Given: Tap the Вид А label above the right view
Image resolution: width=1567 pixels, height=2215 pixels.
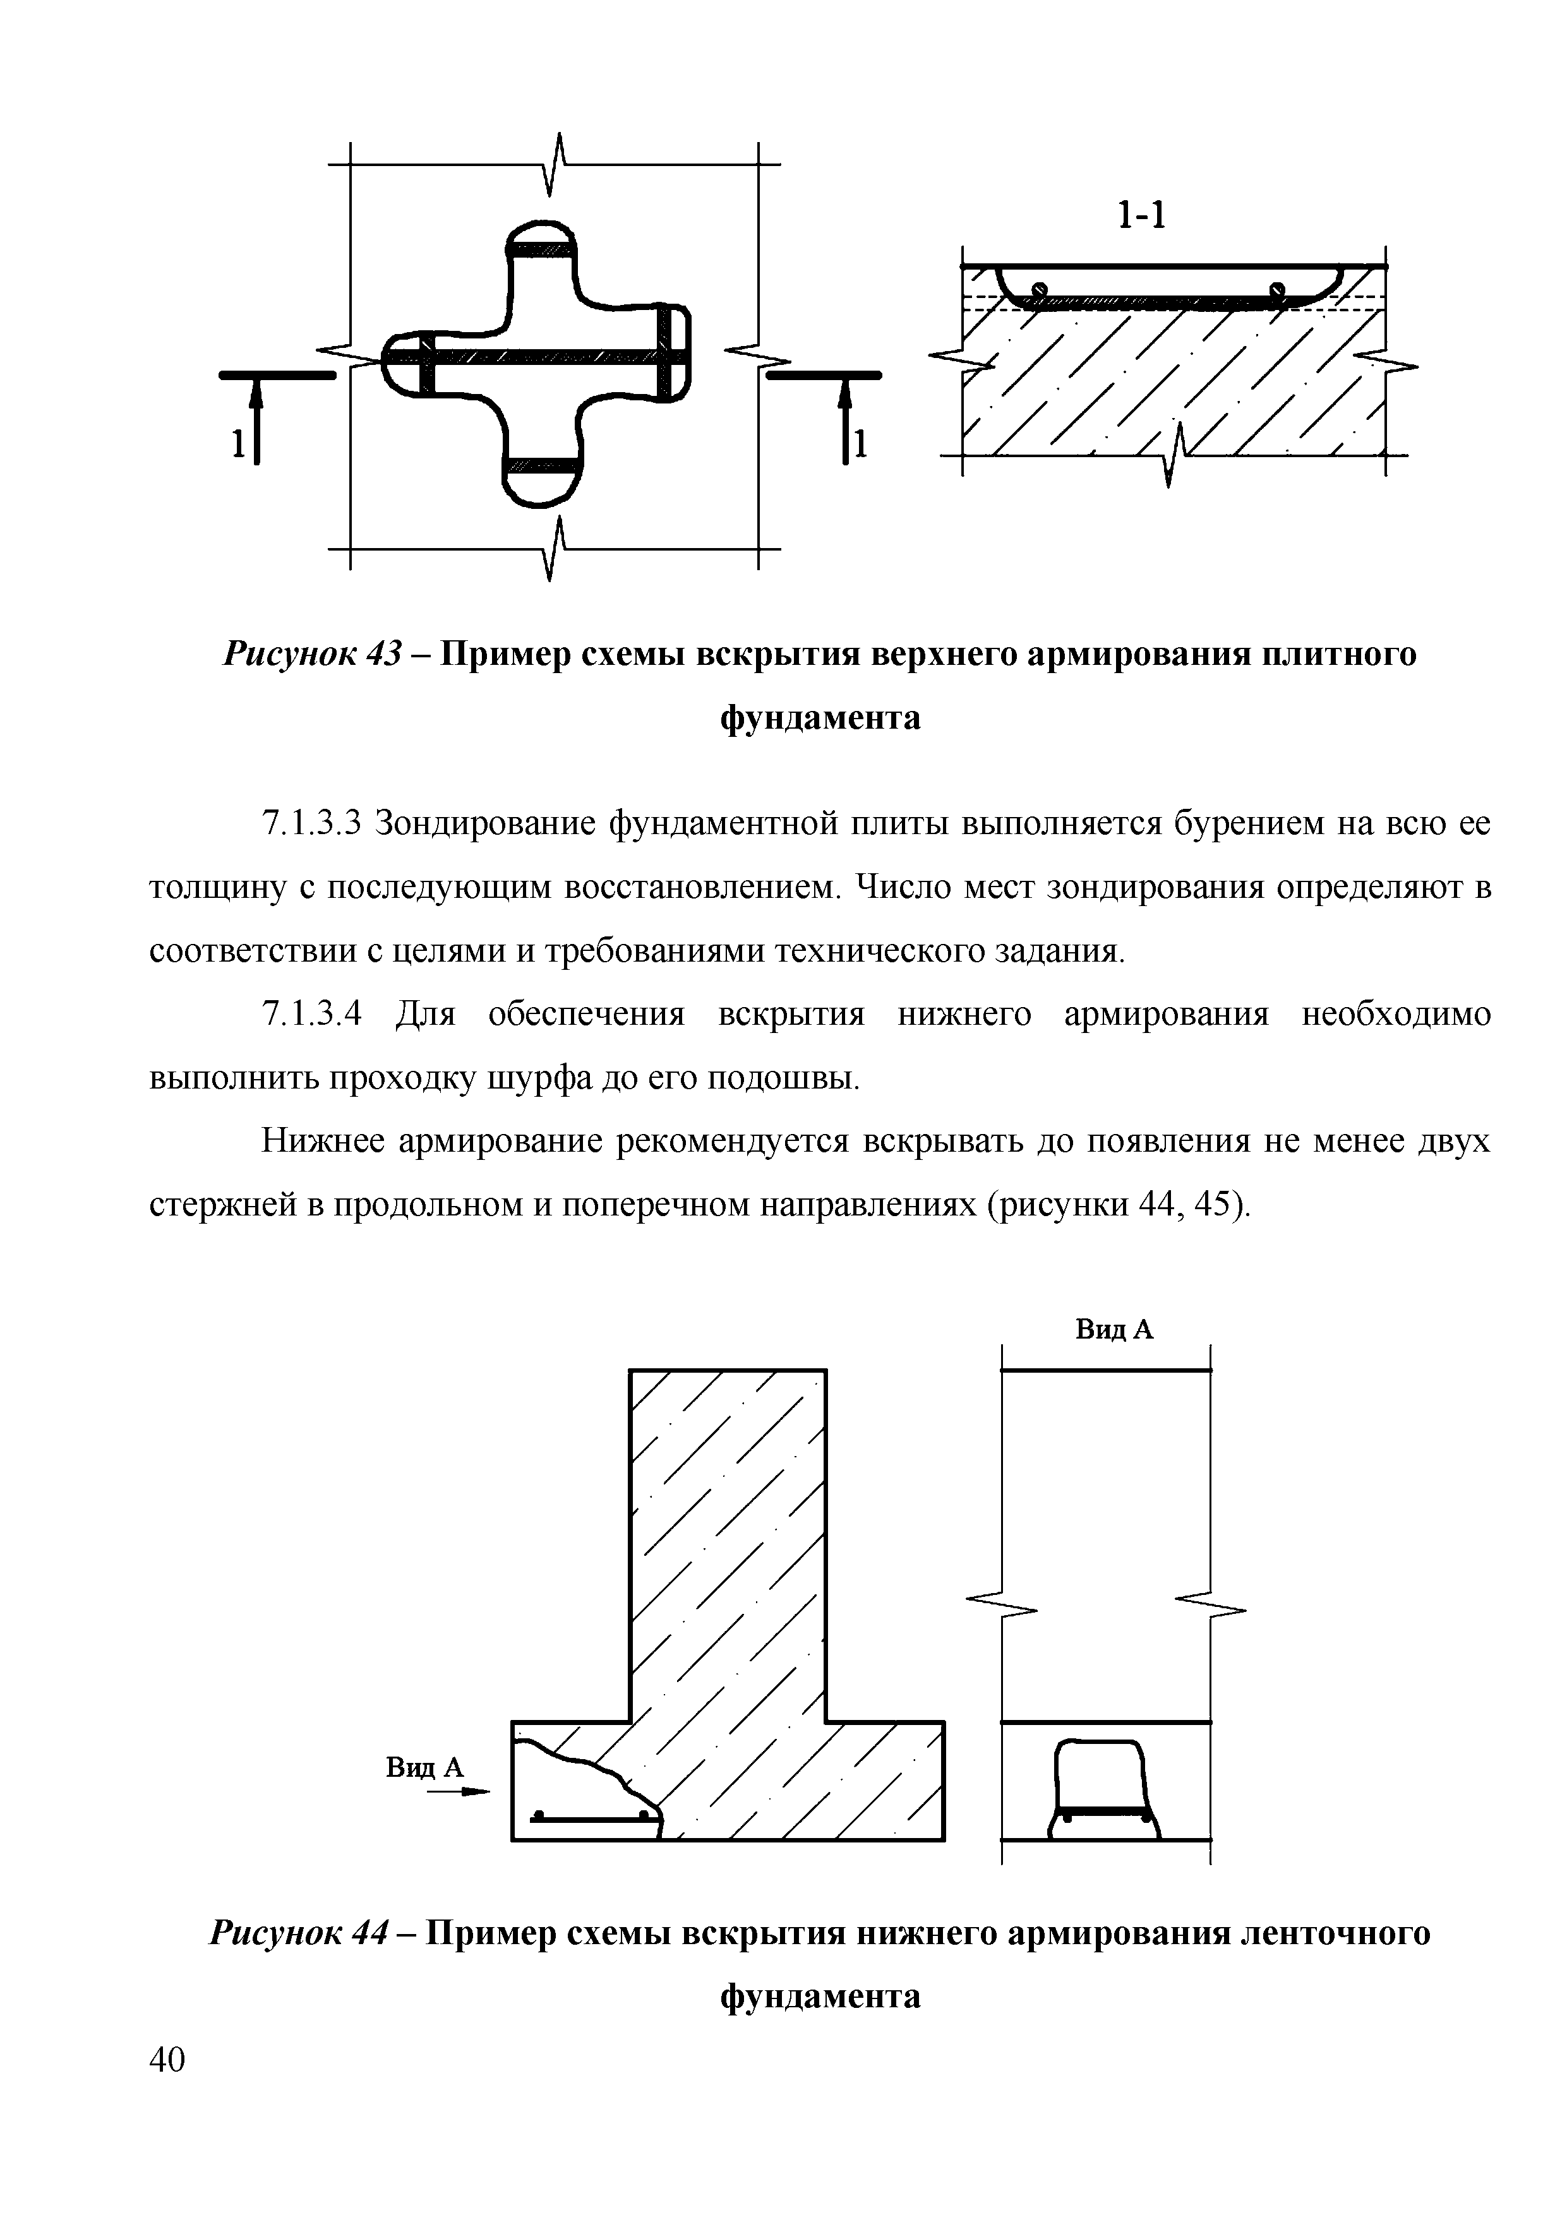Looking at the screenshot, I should tap(1115, 1330).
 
